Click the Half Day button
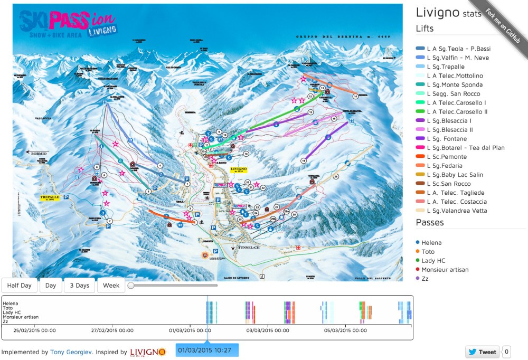click(x=19, y=286)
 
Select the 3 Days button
click(x=80, y=286)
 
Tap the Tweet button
click(x=482, y=352)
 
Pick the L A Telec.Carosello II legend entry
click(x=457, y=112)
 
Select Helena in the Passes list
click(x=431, y=243)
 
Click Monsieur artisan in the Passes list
click(x=445, y=270)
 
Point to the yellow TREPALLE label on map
click(x=51, y=198)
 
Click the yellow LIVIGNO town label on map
click(x=239, y=170)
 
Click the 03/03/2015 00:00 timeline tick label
click(x=268, y=330)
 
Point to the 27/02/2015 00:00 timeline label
click(x=112, y=330)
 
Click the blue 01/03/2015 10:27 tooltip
click(x=207, y=350)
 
